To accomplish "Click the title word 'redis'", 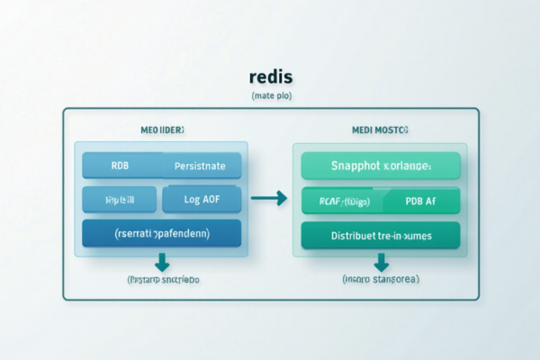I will pyautogui.click(x=270, y=78).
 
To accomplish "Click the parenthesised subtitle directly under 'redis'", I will pyautogui.click(x=270, y=95).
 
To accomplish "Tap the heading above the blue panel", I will pyautogui.click(x=162, y=130).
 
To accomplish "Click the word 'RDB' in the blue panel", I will pyautogui.click(x=119, y=166).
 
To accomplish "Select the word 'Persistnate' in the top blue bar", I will pyautogui.click(x=201, y=166).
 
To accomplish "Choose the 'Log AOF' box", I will pyautogui.click(x=201, y=199).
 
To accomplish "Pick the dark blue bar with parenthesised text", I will pyautogui.click(x=161, y=232).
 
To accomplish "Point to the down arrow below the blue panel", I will pyautogui.click(x=162, y=262).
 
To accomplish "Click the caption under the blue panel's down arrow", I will pyautogui.click(x=162, y=280).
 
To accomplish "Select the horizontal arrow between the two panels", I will pyautogui.click(x=267, y=197).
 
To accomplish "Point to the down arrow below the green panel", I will pyautogui.click(x=381, y=262).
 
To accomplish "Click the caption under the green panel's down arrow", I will pyautogui.click(x=381, y=280).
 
